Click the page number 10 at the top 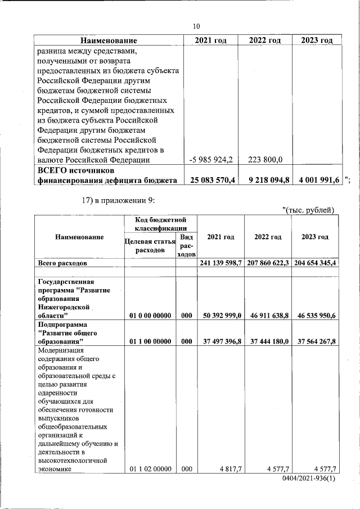196,26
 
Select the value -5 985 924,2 212,160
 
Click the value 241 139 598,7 220,263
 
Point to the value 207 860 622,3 267,263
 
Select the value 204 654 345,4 314,263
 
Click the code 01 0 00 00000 150,316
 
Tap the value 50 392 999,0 221,316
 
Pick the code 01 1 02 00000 150,469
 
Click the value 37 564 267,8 315,341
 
